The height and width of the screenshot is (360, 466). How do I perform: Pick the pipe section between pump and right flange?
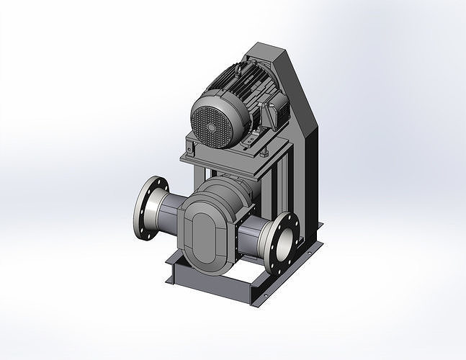(252, 237)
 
